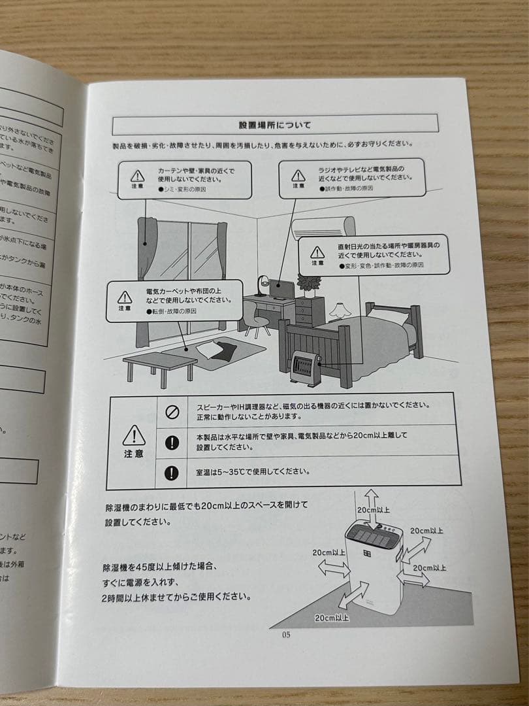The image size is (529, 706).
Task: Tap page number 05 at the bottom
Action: (x=286, y=634)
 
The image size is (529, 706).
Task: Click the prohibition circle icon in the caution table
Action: (x=172, y=412)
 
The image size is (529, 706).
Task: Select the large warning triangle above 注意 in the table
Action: (x=134, y=435)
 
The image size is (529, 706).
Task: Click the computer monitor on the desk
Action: (x=283, y=288)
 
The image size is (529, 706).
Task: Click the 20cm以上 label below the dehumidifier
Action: (x=332, y=617)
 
